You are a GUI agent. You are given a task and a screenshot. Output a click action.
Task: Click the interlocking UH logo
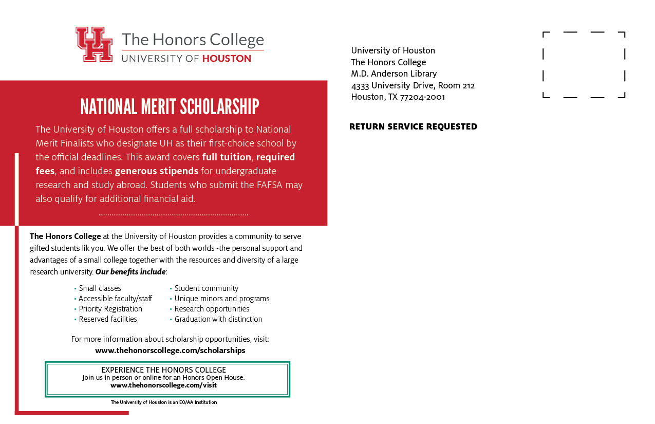94,44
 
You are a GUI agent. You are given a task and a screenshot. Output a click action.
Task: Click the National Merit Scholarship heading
170,106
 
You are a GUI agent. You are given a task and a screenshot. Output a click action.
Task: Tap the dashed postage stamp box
584,65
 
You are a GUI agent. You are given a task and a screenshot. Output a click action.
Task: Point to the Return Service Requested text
413,126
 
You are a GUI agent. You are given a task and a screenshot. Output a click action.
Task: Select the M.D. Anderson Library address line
394,73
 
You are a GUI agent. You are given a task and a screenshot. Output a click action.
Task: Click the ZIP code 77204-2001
422,97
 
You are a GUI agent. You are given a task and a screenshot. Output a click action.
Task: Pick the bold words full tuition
227,157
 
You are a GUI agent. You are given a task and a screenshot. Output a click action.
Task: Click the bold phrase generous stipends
156,171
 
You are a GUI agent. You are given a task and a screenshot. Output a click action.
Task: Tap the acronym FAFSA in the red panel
269,185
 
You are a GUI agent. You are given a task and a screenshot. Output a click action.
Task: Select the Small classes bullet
100,288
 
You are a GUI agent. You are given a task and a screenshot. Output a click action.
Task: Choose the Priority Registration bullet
110,309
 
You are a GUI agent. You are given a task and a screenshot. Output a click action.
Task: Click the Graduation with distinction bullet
218,319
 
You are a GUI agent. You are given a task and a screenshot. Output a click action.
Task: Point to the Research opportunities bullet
212,309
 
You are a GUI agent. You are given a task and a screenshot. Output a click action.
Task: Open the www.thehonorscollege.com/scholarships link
170,351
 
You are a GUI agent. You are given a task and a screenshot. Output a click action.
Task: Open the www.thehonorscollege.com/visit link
163,385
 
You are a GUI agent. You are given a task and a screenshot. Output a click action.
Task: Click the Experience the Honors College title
163,370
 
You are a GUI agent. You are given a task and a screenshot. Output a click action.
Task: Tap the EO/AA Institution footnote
163,402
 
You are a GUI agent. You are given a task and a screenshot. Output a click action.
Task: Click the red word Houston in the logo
227,59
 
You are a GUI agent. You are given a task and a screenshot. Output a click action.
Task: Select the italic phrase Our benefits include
130,271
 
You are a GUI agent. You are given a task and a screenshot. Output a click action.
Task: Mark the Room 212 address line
413,85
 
